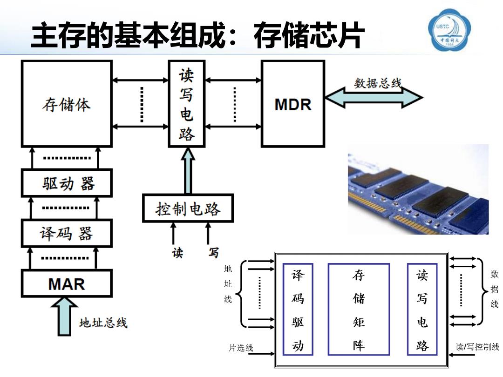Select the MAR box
(67, 284)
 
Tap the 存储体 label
(67, 105)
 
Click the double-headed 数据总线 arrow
(374, 97)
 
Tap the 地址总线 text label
(103, 323)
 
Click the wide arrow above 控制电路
(188, 170)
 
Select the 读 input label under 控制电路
(177, 253)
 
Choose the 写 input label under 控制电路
(213, 253)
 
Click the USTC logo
(449, 30)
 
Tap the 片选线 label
(241, 348)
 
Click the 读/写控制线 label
(477, 347)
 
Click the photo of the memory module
(418, 189)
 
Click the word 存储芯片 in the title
(309, 35)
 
